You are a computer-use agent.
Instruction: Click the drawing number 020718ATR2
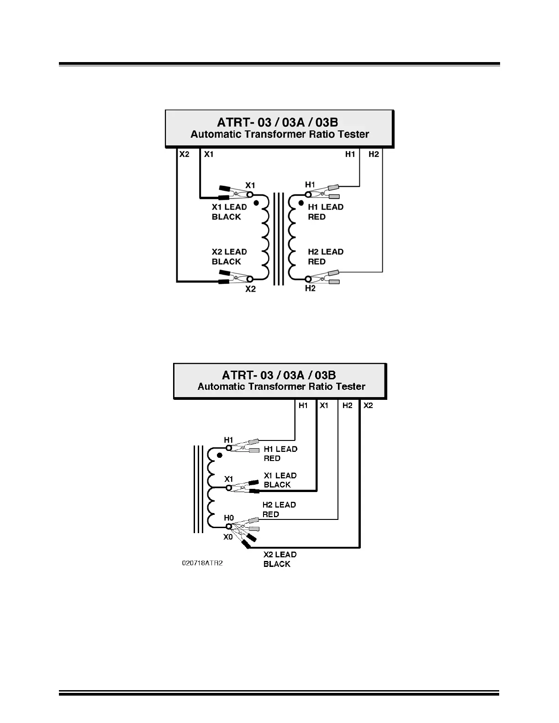(202, 563)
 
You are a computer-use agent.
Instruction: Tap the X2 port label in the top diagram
(184, 154)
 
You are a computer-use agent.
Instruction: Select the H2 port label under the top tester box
(374, 154)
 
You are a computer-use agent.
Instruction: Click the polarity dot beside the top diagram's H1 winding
(301, 203)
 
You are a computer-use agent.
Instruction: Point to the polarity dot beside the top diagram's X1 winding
(256, 203)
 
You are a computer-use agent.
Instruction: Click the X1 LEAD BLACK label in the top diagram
(229, 212)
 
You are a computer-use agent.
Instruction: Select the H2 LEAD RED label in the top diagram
(325, 257)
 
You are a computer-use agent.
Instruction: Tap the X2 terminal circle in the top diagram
(250, 279)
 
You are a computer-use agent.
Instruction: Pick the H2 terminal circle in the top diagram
(308, 279)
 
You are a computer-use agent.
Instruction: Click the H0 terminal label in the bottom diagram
(229, 518)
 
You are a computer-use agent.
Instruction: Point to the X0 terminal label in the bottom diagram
(228, 537)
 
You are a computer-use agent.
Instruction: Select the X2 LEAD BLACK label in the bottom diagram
(279, 559)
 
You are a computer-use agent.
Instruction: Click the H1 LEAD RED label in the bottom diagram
(280, 454)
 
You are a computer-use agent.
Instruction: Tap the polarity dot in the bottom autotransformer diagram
(220, 456)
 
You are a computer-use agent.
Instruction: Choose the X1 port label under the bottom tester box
(324, 405)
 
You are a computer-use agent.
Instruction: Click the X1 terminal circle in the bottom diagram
(229, 488)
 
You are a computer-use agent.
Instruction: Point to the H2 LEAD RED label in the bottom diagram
(279, 509)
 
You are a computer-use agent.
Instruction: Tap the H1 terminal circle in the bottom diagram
(229, 448)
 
